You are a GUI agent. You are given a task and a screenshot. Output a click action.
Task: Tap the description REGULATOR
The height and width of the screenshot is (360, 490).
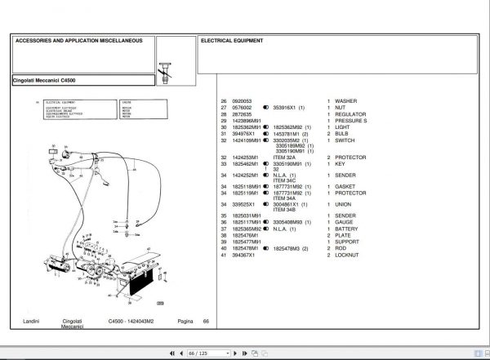(351, 114)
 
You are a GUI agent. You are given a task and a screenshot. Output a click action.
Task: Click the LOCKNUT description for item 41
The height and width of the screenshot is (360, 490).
(349, 256)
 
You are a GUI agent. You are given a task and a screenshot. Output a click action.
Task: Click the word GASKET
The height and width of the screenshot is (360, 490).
(347, 185)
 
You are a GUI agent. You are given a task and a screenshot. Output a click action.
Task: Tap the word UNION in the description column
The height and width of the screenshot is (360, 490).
(345, 204)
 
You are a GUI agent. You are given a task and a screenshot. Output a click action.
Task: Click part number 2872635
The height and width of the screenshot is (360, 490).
(243, 114)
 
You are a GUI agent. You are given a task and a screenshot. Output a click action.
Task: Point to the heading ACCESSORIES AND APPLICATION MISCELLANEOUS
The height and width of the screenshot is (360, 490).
(78, 40)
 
